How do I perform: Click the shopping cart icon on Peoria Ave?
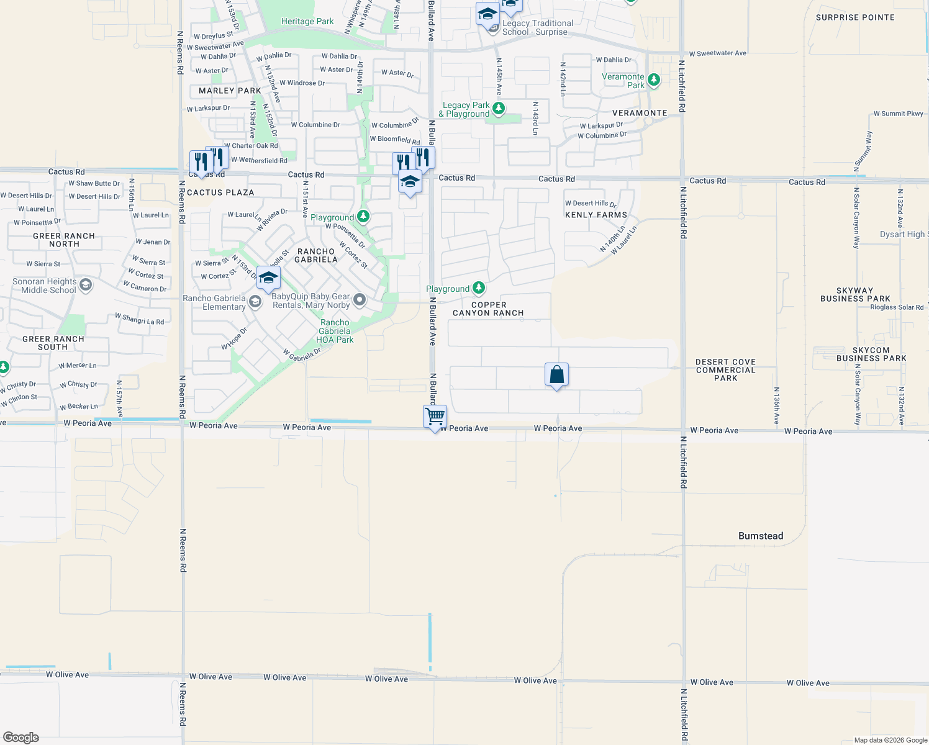(435, 416)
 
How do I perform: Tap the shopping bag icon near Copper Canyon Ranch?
(556, 374)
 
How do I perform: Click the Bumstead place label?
(761, 536)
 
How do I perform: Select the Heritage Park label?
(307, 22)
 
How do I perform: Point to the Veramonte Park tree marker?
(653, 79)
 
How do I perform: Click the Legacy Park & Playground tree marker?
(499, 110)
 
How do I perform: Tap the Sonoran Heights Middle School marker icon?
(86, 285)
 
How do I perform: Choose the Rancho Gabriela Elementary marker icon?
(255, 302)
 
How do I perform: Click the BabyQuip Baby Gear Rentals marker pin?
(360, 300)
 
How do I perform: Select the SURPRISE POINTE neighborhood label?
(855, 17)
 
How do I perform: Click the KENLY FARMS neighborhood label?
(596, 215)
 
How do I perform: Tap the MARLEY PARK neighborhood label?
(230, 91)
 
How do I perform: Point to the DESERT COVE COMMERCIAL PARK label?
(725, 370)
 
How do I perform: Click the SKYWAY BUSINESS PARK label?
(854, 294)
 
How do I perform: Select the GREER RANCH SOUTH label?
(53, 343)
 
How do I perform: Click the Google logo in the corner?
(21, 738)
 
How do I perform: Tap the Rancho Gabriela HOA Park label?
(335, 331)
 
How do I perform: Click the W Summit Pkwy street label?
(898, 114)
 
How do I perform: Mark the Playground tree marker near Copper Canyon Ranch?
(478, 288)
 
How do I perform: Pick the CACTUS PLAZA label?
(220, 192)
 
